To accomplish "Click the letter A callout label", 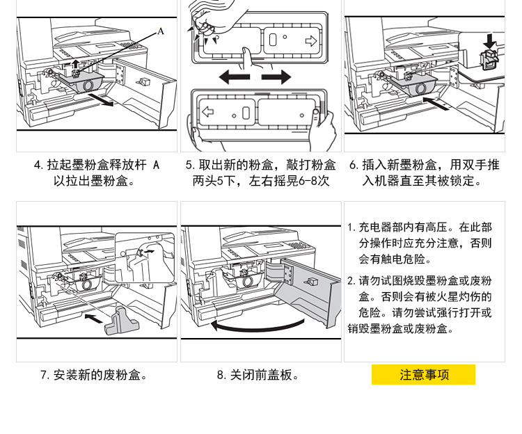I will point(161,31).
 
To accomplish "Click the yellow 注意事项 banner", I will point(424,375).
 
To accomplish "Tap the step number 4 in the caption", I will point(38,166).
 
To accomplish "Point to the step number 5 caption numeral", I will point(189,166).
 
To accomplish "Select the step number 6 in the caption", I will point(354,166).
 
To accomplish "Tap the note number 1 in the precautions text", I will point(351,227).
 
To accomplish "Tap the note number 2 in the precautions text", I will point(351,281).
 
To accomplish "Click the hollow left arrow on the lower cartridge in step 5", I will point(207,111).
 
